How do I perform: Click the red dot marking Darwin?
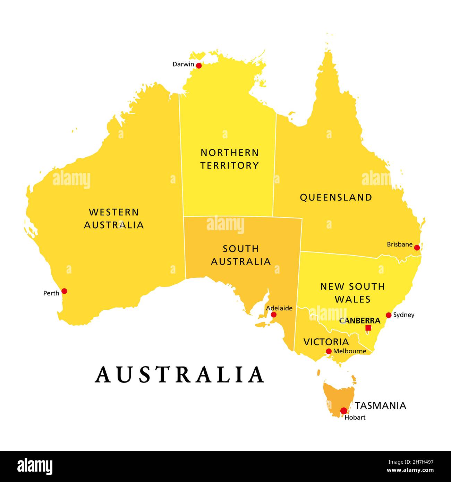199,66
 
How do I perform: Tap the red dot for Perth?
64,291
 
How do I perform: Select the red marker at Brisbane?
417,248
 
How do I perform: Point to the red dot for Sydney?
389,315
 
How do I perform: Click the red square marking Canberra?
368,328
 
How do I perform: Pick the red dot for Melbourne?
329,351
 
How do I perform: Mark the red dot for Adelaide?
274,315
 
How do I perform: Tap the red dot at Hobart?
343,411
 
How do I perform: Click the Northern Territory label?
230,159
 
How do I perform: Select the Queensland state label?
336,197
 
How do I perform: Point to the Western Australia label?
114,218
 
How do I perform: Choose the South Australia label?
241,255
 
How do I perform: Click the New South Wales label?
352,293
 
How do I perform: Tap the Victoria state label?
326,342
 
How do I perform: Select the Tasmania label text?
380,405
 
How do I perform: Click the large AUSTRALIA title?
179,375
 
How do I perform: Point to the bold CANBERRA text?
360,321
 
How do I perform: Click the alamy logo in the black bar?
35,466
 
